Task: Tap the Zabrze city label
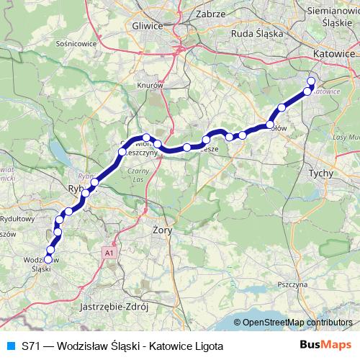[210, 13]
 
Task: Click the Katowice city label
[335, 54]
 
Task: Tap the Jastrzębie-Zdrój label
[115, 305]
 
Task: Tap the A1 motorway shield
[109, 253]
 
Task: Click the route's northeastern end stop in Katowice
[311, 81]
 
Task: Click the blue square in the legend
[9, 346]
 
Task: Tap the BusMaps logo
[325, 345]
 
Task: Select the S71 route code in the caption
[30, 346]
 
